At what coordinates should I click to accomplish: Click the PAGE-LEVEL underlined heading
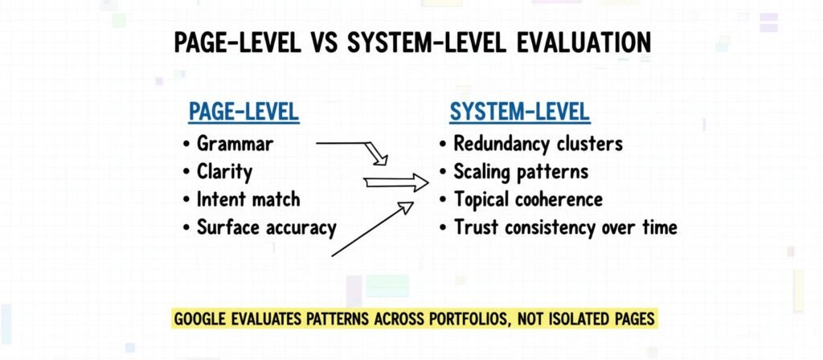point(244,112)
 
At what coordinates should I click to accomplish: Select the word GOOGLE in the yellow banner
point(203,319)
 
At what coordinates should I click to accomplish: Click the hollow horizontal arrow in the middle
point(396,183)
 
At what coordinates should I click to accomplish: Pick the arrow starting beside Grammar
point(354,148)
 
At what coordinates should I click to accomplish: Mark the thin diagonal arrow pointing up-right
point(371,231)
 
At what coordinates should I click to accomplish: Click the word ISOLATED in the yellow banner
point(587,319)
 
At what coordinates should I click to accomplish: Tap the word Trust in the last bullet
point(475,227)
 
